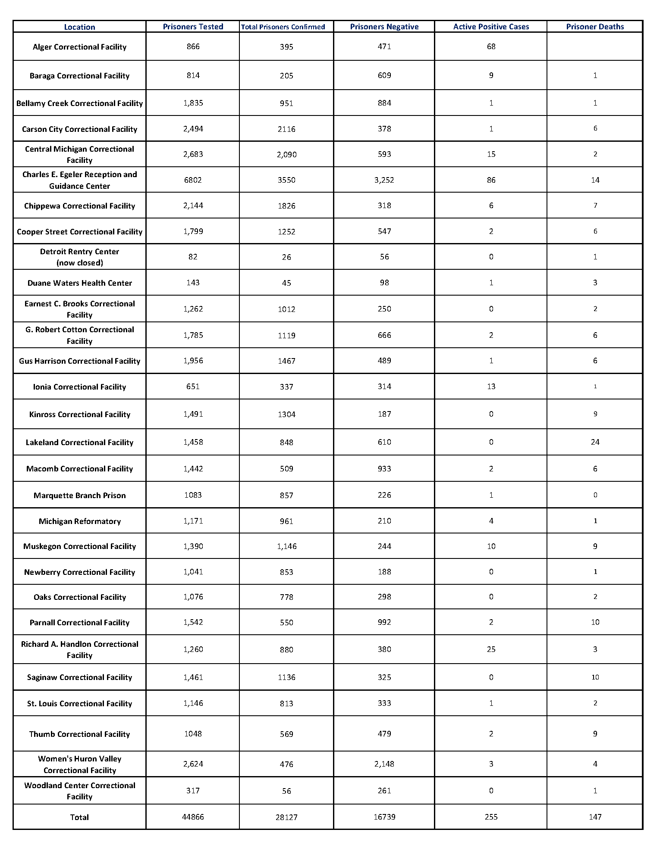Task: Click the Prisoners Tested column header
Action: (193, 27)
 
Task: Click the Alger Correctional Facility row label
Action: (80, 47)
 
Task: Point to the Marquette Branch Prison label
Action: (80, 496)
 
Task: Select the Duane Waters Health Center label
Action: (80, 283)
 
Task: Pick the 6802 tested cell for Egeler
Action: (193, 180)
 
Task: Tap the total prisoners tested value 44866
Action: (193, 817)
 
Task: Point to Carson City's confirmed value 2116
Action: (286, 129)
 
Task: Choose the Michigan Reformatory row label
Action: (80, 521)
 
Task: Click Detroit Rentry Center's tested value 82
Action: (193, 257)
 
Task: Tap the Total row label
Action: (80, 817)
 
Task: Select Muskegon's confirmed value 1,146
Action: (286, 546)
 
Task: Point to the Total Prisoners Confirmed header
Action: (283, 27)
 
